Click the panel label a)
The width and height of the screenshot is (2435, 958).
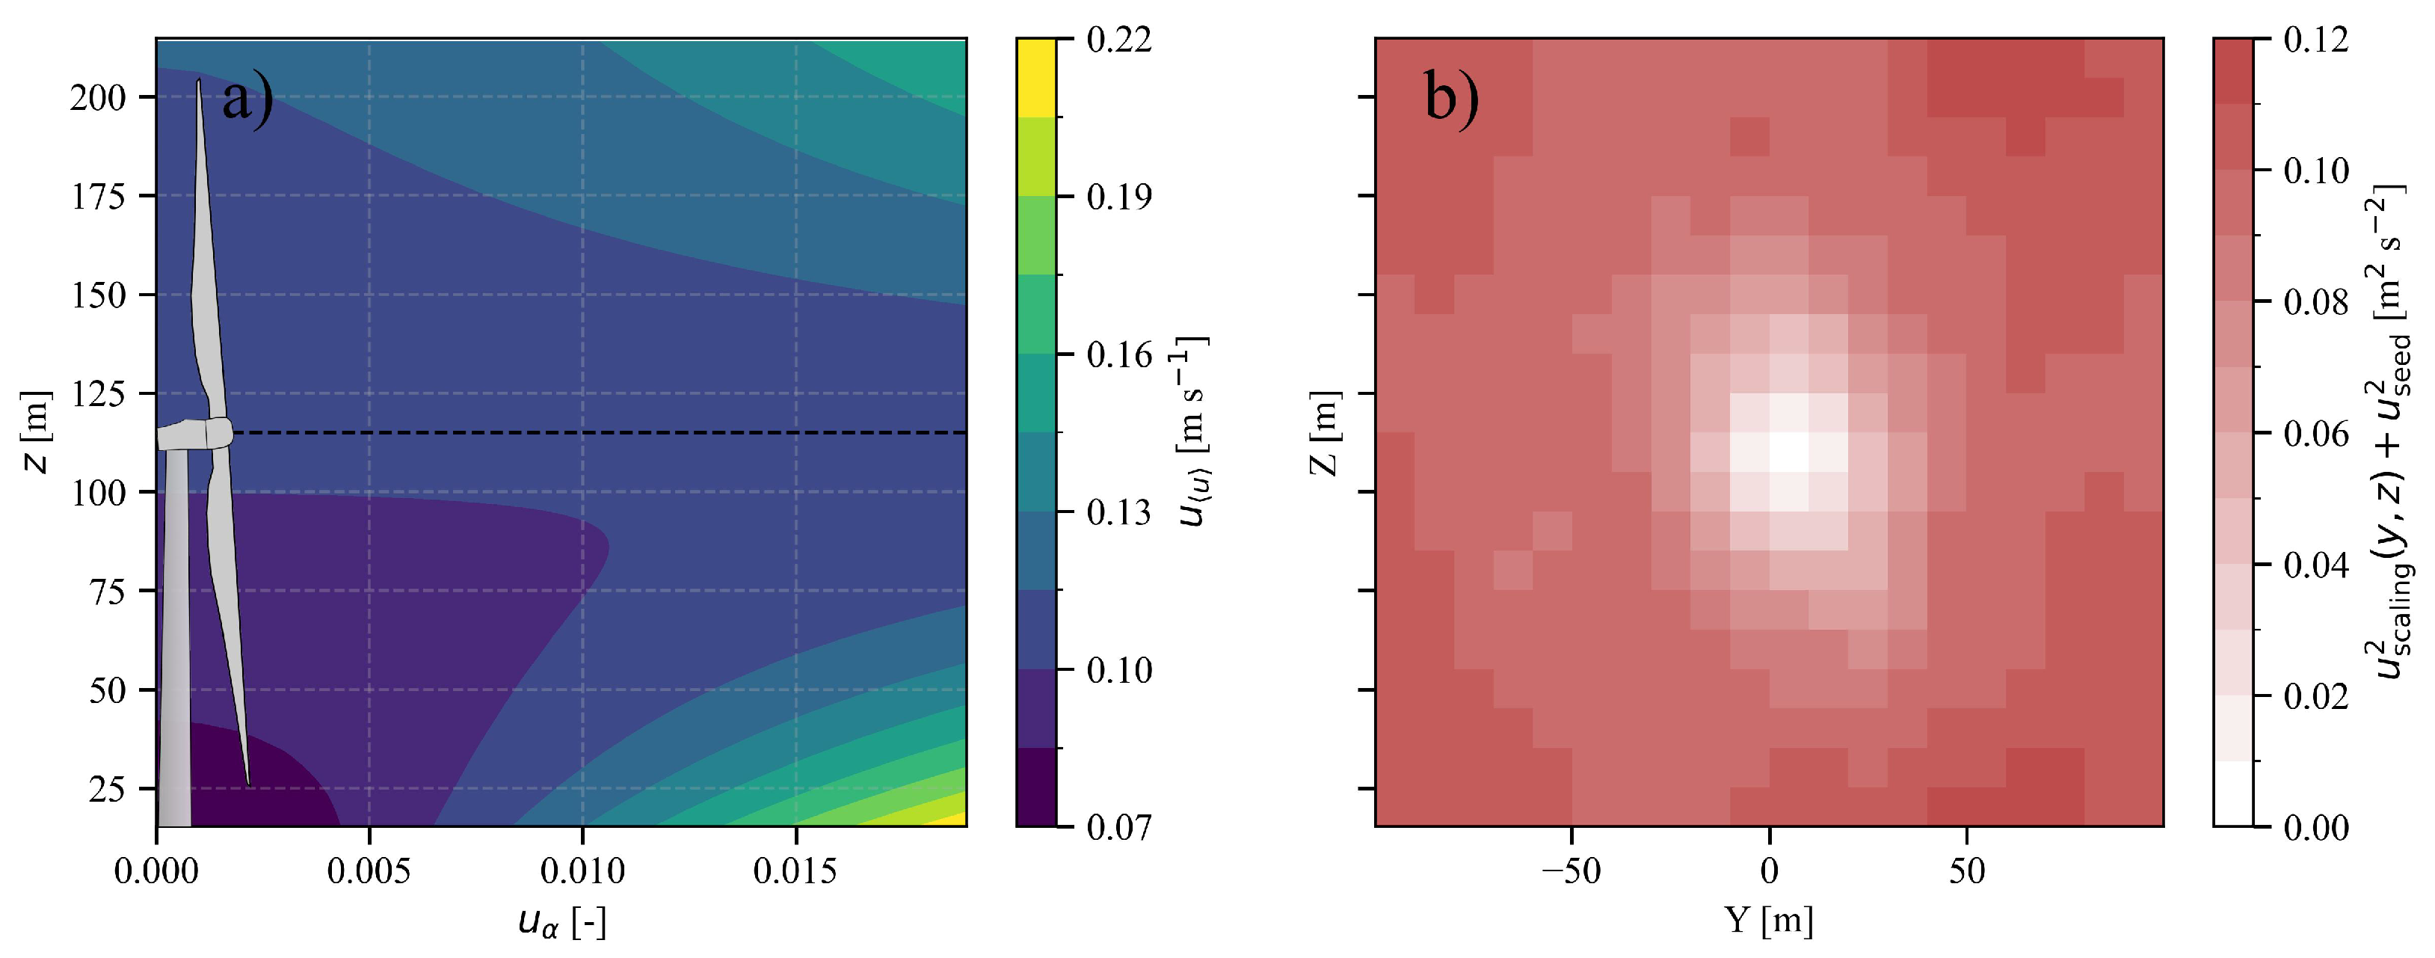coord(247,99)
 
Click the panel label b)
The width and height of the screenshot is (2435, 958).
coord(1451,97)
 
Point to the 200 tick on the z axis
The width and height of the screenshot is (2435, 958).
coord(98,97)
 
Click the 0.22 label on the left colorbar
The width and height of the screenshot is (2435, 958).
coord(1119,40)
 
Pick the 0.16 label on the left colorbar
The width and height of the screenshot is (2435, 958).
coord(1119,355)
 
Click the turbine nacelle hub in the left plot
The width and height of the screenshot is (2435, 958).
coord(218,432)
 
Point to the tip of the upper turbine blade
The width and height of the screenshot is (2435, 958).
coord(199,82)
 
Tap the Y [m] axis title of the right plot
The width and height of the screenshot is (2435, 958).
coord(1769,920)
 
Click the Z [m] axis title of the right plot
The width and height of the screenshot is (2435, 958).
coord(1323,433)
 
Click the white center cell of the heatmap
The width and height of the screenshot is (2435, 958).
coord(1788,452)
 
